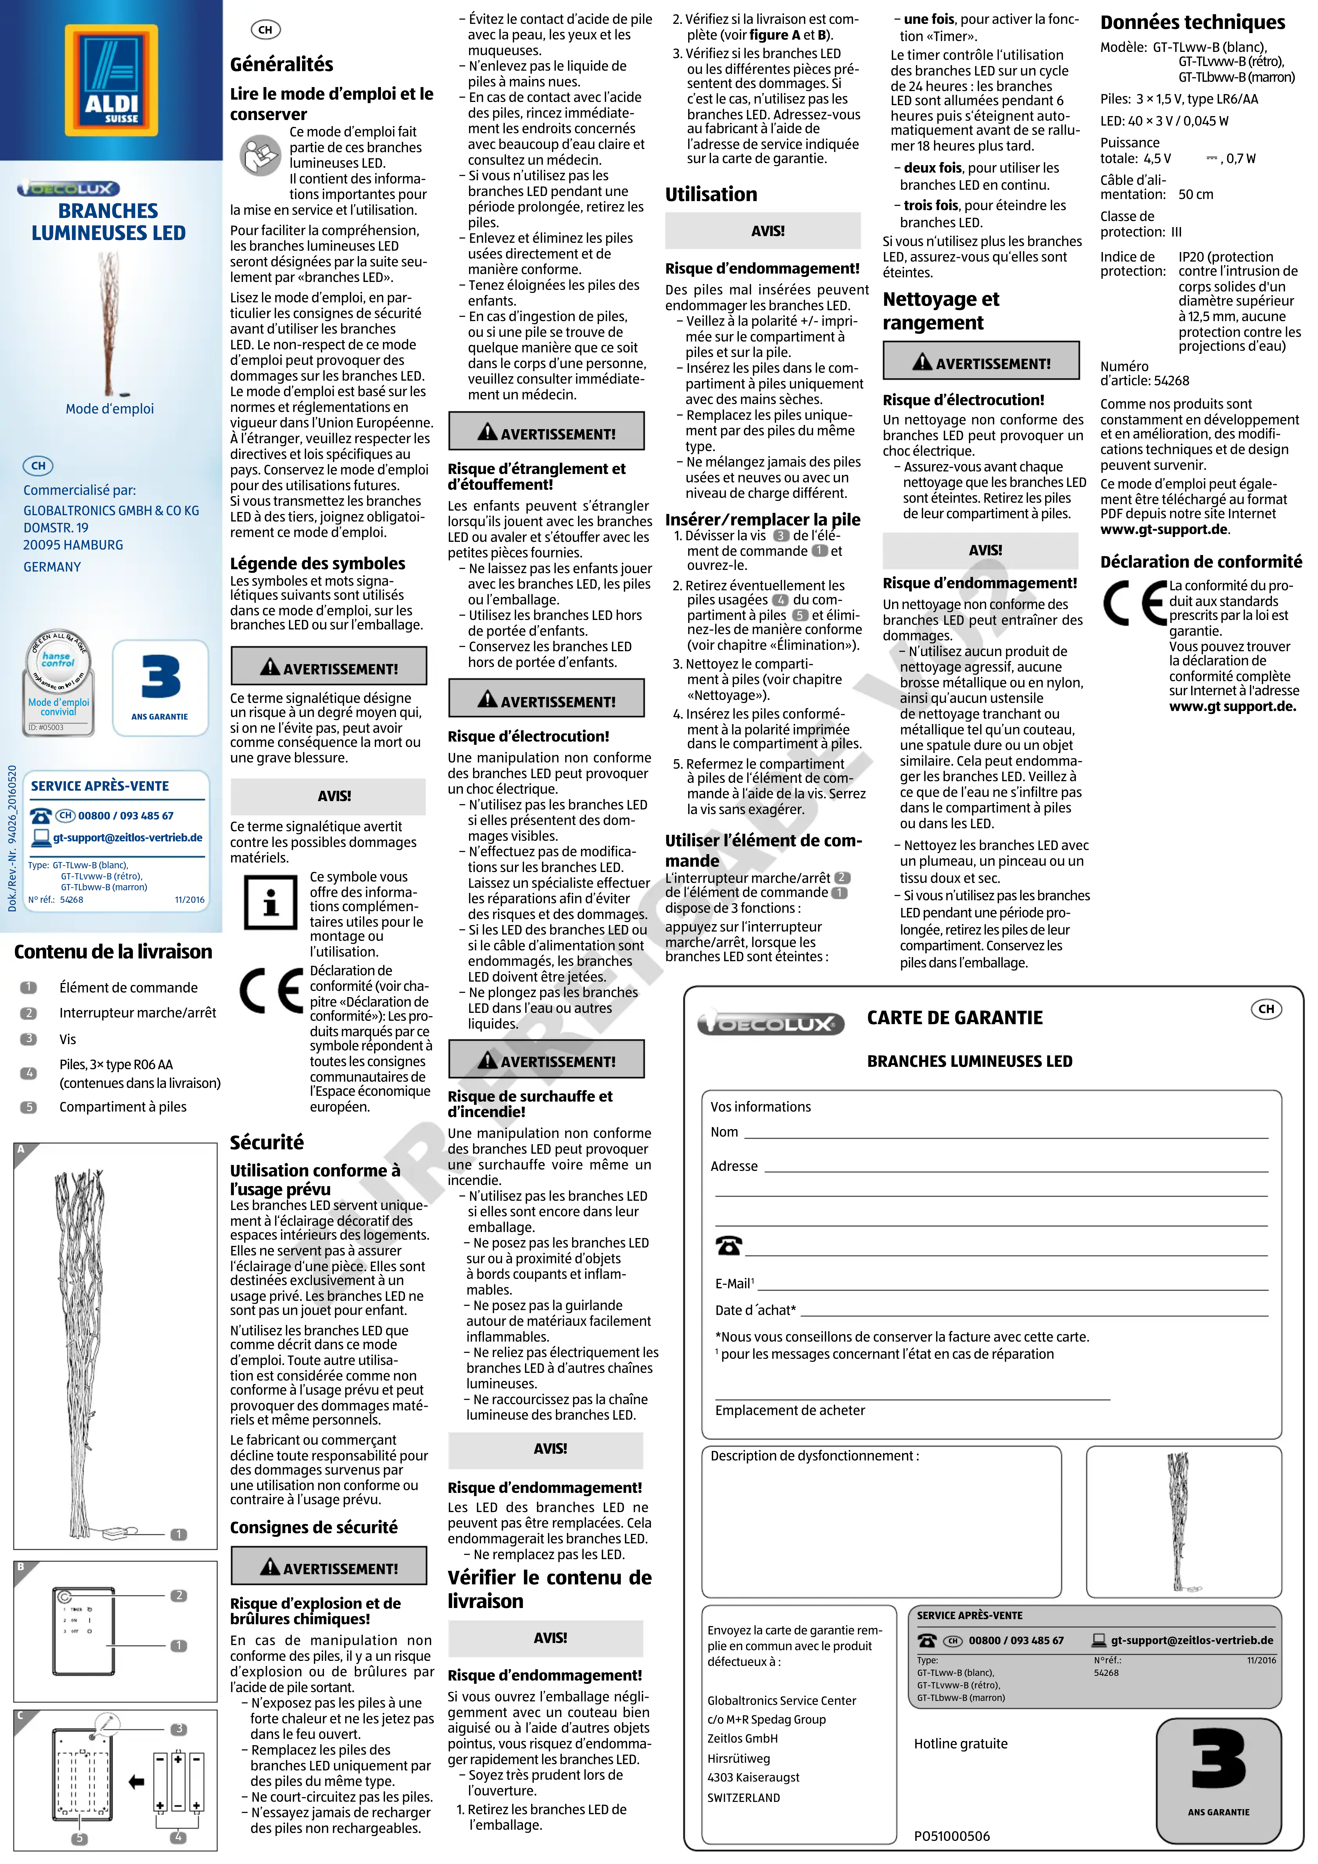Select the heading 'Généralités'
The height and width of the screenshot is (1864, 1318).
[x=281, y=64]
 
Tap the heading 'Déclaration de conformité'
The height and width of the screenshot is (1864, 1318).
[x=1200, y=562]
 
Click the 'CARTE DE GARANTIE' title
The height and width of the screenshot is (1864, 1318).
[x=954, y=1017]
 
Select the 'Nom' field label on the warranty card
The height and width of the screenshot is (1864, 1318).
[x=724, y=1132]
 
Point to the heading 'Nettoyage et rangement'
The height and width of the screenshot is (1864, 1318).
[x=941, y=311]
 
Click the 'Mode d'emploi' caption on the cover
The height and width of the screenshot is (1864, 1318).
[x=110, y=408]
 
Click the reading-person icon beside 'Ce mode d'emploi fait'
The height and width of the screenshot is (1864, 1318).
[x=260, y=155]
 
